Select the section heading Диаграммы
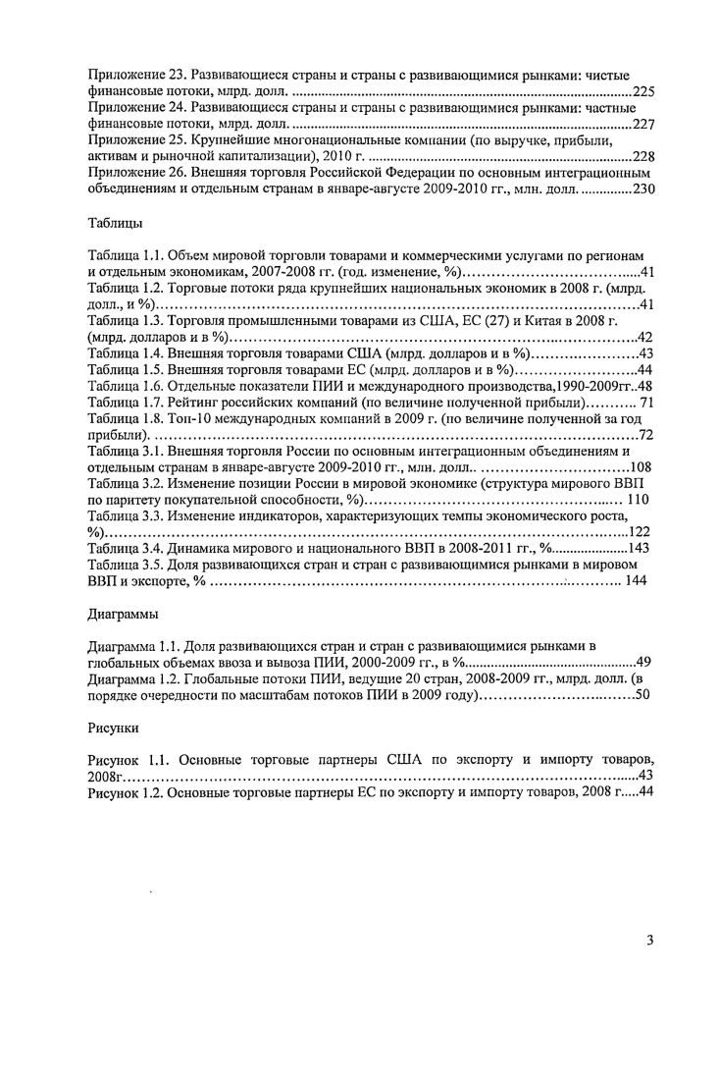(x=124, y=615)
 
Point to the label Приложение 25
(x=132, y=140)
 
